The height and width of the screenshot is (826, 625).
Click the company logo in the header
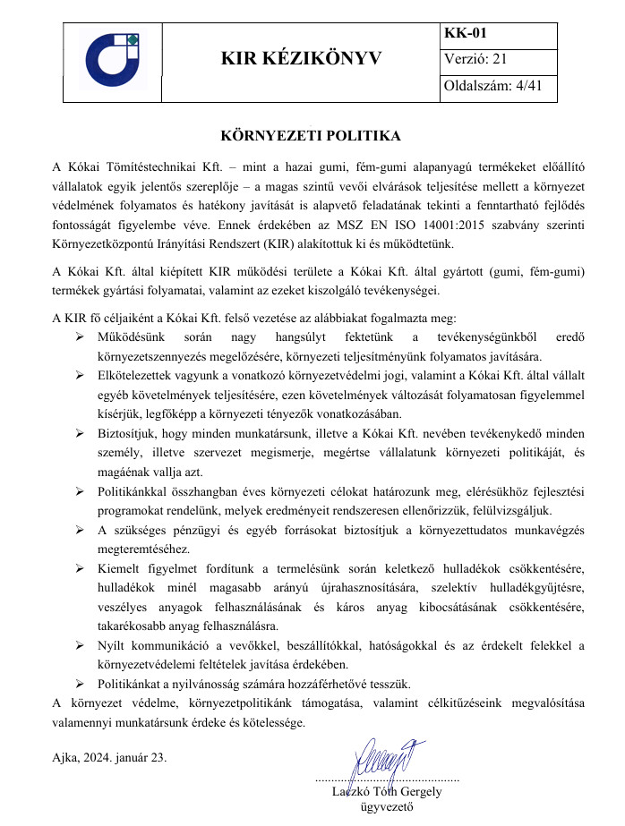pos(112,60)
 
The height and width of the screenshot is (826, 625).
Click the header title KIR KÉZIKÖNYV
pos(301,60)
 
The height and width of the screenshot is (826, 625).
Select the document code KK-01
pos(466,34)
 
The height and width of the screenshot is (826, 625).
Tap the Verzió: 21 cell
pos(475,60)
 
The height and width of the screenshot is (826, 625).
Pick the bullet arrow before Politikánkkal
pos(80,492)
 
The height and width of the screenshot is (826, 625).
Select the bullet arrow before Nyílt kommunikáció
pos(80,645)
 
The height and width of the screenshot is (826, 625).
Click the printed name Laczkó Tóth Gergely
pos(387,792)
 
